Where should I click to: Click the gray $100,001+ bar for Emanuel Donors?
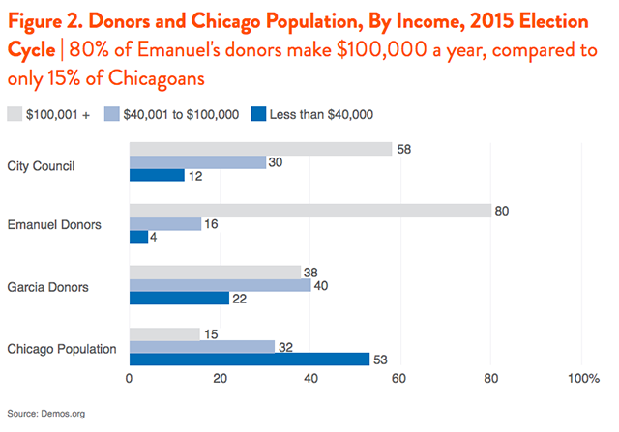coord(309,211)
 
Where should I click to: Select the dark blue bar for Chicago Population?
coord(249,360)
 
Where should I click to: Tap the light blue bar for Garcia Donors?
coord(220,285)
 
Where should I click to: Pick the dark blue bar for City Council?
coord(156,175)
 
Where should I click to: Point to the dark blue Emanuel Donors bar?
coord(138,237)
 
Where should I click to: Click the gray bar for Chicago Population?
coord(163,334)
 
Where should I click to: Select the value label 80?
coord(501,211)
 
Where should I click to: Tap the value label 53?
coord(379,360)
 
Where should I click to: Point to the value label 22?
coord(239,299)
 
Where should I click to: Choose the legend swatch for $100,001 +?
coord(15,114)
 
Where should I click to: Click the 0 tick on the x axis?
coord(130,379)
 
